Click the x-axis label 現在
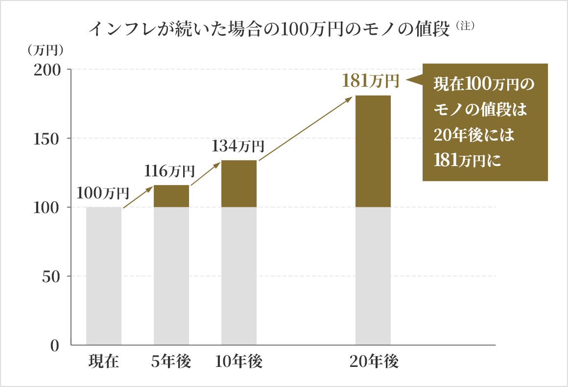coord(104,362)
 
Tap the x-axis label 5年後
coord(171,362)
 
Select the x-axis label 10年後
coord(238,362)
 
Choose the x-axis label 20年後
coord(374,362)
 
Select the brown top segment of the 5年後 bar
coord(171,196)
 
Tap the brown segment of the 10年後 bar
coord(239,184)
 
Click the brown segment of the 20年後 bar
coord(373,151)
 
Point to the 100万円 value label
coord(103,193)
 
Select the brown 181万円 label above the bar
coord(371,80)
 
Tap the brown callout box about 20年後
coord(485,122)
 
